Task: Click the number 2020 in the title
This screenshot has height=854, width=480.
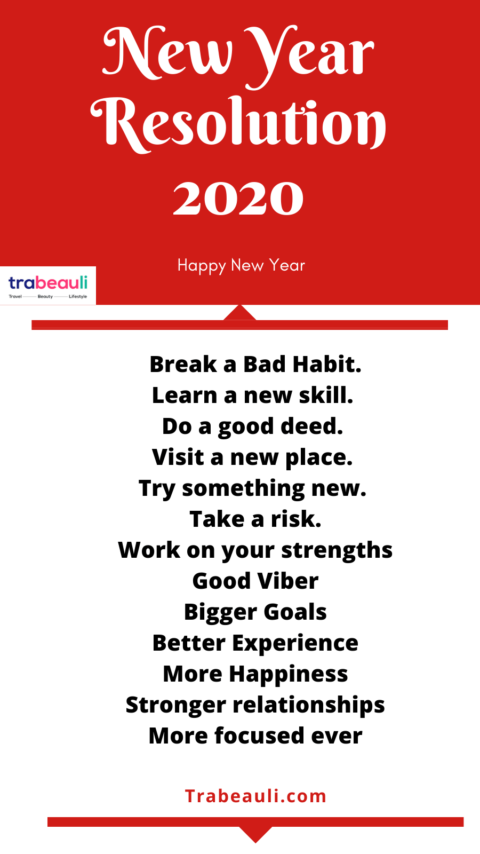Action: [238, 198]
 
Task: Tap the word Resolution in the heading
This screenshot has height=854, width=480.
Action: [238, 124]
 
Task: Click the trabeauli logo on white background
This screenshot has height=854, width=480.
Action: [48, 286]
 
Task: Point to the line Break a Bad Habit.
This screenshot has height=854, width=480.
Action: [255, 365]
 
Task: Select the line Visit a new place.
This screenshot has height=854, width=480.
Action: [252, 457]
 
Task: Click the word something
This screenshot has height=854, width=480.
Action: [243, 489]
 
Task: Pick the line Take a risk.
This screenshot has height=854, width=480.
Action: [255, 519]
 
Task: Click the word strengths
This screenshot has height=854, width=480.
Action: [337, 550]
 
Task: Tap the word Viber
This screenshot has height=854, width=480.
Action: [288, 581]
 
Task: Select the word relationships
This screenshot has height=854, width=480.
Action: [309, 705]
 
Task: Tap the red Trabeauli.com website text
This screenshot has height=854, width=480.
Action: [255, 796]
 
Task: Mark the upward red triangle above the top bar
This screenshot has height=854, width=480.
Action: [239, 313]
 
